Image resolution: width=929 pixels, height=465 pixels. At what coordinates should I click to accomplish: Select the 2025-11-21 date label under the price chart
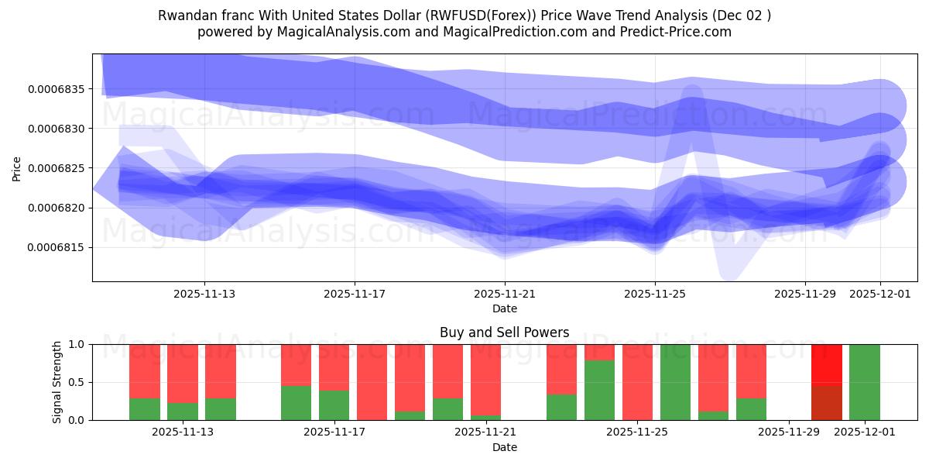click(505, 294)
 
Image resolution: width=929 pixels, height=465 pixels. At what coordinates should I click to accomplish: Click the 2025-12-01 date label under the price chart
click(880, 294)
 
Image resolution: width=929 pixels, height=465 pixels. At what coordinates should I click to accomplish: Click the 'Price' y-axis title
click(17, 168)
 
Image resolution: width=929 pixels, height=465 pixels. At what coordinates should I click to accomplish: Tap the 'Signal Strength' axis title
click(57, 382)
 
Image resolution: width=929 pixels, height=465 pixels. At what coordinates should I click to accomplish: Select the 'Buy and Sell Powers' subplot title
click(504, 332)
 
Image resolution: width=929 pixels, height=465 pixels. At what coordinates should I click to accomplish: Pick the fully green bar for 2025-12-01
click(864, 382)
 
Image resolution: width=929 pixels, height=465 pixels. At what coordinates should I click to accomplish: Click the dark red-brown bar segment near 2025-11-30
click(826, 401)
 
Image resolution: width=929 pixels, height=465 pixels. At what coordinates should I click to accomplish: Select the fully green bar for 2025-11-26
click(675, 382)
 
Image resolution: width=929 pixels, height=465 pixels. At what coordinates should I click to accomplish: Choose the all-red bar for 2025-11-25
click(637, 382)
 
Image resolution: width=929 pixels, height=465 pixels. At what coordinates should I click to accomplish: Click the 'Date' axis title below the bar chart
click(504, 447)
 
